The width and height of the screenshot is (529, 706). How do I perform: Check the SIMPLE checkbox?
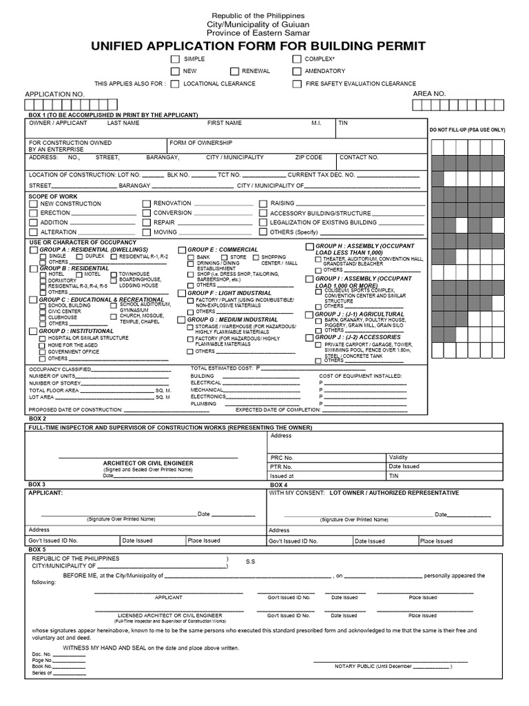pos(176,60)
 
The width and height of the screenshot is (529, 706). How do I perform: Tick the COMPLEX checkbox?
pos(296,60)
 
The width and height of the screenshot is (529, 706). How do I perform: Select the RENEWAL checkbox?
pos(235,72)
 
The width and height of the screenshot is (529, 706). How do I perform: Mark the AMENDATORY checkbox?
pos(296,72)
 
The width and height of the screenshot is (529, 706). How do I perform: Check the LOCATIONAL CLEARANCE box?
pos(176,84)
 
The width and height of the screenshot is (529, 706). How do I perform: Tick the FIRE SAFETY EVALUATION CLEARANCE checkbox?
pos(296,84)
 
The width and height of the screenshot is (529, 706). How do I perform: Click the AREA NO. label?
pos(429,93)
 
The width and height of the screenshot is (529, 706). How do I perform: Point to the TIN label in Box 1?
pos(343,123)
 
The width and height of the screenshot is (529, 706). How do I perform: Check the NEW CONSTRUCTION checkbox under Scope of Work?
pos(33,204)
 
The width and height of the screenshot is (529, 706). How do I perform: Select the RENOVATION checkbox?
pos(146,204)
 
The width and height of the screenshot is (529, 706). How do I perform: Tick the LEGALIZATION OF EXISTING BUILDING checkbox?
pos(263,223)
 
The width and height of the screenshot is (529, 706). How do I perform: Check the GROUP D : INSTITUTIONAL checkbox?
pos(33,332)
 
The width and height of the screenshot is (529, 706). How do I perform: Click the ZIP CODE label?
pos(309,157)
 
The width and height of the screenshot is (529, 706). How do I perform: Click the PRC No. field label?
pos(282,457)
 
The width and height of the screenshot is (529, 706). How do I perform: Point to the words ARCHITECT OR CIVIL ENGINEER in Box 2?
pos(147,463)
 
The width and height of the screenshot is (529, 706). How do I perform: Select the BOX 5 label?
pos(37,549)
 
